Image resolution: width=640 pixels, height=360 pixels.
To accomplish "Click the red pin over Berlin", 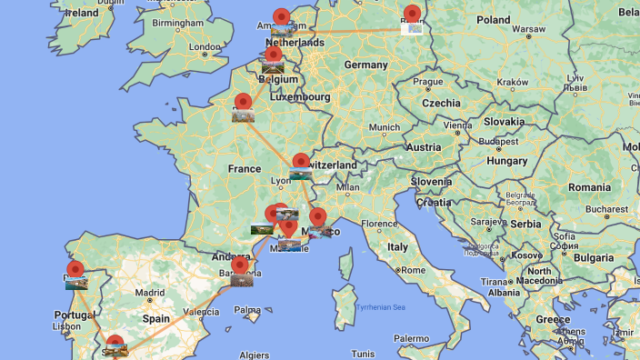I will (413, 15).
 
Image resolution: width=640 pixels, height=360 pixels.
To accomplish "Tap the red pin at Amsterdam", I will (282, 17).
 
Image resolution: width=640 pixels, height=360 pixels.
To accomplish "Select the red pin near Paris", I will (243, 102).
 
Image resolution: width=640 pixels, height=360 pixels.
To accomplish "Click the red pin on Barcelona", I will (240, 265).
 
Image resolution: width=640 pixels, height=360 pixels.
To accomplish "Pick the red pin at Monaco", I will (317, 216).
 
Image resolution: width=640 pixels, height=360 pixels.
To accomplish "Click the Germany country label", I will (365, 65).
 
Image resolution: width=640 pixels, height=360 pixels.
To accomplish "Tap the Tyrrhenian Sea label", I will (381, 308).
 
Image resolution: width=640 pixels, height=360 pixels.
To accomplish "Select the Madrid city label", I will (151, 293).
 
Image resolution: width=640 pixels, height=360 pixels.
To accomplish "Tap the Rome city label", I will (413, 270).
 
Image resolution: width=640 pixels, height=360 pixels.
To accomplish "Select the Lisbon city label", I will (67, 325).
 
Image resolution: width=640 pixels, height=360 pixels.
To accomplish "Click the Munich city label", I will (384, 127).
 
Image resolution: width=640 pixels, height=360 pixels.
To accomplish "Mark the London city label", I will (205, 47).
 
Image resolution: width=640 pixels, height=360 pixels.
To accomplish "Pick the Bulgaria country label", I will (595, 257).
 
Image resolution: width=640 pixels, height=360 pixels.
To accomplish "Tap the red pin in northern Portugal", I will (75, 270).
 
